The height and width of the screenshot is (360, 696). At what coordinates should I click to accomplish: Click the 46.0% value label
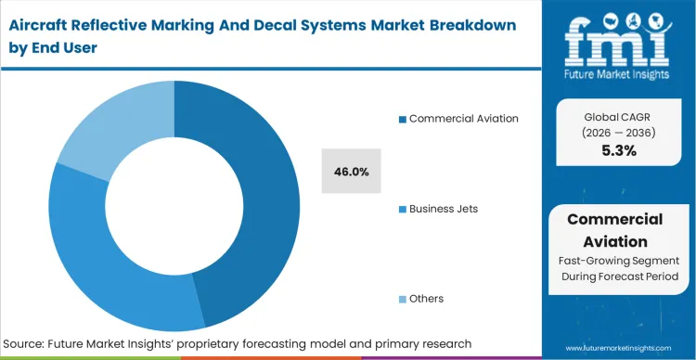click(351, 172)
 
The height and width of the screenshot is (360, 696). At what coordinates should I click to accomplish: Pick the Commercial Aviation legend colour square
click(402, 119)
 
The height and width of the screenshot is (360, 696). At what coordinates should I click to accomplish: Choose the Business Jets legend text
click(444, 209)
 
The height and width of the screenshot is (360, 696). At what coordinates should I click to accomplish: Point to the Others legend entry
click(426, 299)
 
